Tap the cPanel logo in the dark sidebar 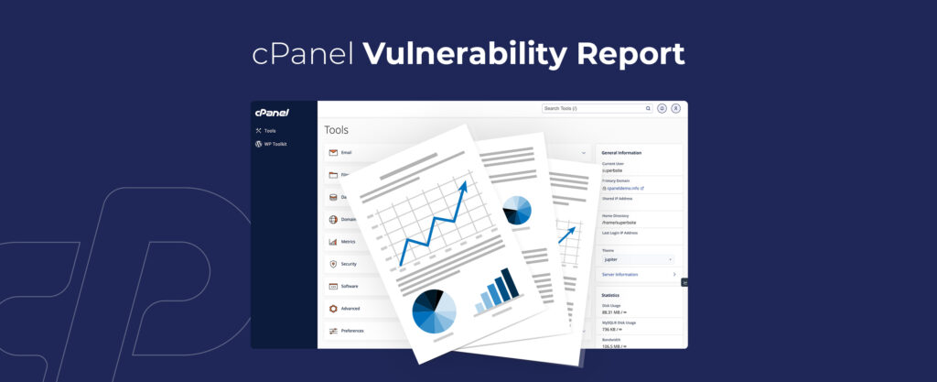coord(272,113)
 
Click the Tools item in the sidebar coord(269,131)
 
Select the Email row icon coord(333,152)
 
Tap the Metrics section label coord(349,242)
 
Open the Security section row coord(349,264)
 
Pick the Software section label coord(350,286)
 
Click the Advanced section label coord(350,308)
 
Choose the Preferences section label coord(353,330)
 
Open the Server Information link coord(620,274)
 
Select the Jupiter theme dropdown coord(638,259)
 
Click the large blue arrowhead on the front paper coord(464,186)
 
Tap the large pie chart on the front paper coord(434,311)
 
